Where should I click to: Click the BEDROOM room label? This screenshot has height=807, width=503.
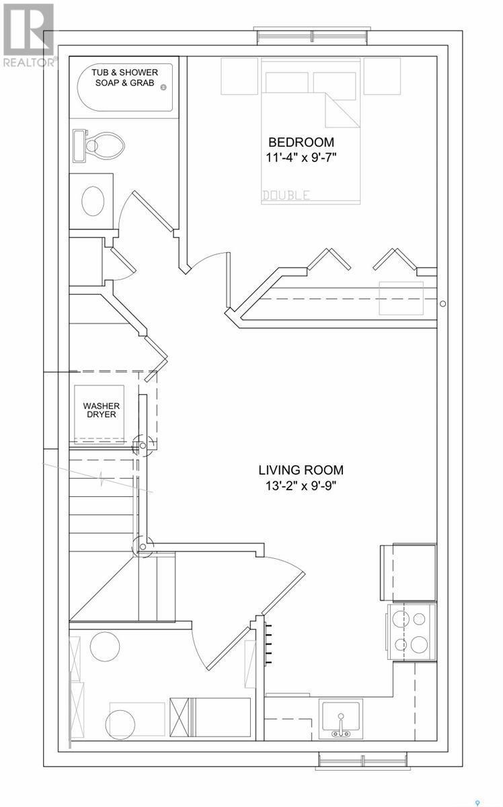tap(301, 143)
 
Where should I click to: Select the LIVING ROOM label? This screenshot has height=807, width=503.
tap(301, 470)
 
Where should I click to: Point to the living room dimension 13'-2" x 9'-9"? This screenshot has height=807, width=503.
tap(301, 486)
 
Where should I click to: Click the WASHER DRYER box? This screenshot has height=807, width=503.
tap(100, 411)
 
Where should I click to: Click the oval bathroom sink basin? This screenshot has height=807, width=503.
tap(93, 199)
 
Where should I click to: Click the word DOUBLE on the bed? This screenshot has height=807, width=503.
tap(286, 196)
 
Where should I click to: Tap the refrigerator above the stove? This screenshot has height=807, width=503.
tap(409, 572)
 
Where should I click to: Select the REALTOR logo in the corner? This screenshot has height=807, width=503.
tap(28, 34)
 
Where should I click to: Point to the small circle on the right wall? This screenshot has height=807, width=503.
tap(442, 304)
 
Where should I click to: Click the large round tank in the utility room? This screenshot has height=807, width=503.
tap(104, 647)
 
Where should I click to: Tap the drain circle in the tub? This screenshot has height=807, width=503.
tap(162, 86)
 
